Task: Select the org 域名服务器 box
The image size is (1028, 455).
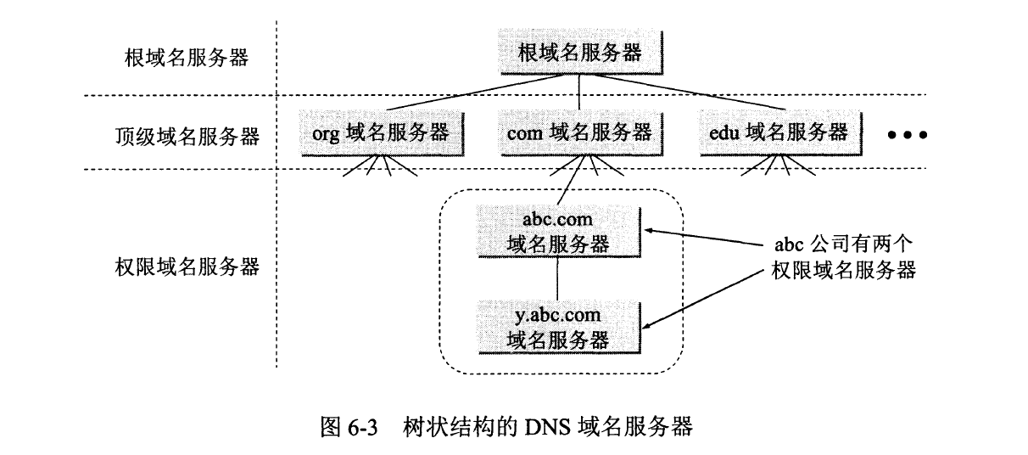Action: point(384,132)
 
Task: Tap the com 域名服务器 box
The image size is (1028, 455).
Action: point(579,132)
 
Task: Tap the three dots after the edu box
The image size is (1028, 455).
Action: point(907,135)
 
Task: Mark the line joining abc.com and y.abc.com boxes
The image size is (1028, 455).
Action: point(556,278)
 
